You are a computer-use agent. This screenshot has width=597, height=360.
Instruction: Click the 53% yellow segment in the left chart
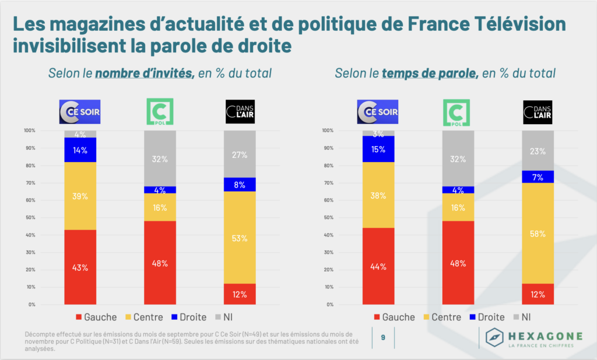click(240, 238)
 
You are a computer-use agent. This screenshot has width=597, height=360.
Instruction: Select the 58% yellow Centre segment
click(538, 234)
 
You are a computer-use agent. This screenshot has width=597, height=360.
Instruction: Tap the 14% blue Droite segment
click(80, 150)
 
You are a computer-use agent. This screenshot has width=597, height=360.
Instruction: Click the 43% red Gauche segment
click(80, 267)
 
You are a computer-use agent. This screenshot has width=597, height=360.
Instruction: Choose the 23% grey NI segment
click(538, 150)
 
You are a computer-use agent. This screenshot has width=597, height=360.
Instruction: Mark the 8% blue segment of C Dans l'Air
click(240, 185)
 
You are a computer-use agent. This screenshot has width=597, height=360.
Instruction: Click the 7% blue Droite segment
click(538, 177)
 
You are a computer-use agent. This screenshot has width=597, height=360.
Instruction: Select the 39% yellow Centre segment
click(80, 196)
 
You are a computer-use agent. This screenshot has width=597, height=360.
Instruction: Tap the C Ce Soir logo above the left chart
click(80, 112)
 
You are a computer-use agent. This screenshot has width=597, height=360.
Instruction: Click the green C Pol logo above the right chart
click(458, 112)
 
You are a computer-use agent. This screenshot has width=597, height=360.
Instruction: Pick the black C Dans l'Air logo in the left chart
click(240, 112)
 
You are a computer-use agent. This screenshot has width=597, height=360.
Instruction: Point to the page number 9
click(383, 337)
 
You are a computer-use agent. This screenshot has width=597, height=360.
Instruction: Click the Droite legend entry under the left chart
click(187, 317)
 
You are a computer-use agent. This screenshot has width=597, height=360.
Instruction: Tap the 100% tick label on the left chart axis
click(29, 130)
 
